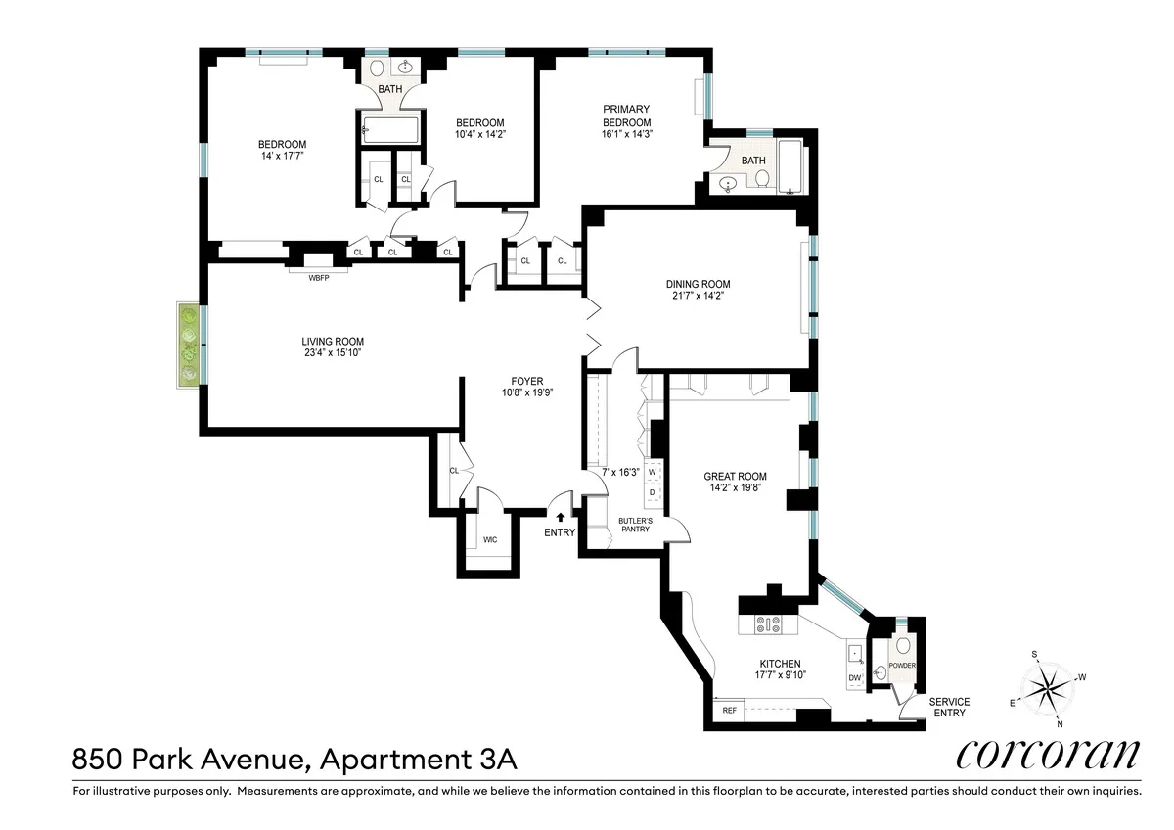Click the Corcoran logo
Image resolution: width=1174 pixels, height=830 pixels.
click(1047, 756)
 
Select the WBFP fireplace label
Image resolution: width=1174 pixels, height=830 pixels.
click(319, 277)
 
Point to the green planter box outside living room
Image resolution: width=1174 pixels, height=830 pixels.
click(189, 343)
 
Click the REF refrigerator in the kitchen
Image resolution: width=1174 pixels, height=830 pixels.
click(729, 711)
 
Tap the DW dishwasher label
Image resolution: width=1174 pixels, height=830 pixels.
click(854, 677)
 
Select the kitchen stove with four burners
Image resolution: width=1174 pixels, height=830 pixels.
click(765, 622)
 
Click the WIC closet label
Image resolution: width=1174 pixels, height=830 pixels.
click(490, 540)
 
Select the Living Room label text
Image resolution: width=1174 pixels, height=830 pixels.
click(333, 342)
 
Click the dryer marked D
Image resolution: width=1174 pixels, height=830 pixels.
click(653, 492)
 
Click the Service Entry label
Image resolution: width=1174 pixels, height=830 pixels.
click(949, 707)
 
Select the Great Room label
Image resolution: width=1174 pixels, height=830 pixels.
click(736, 477)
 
